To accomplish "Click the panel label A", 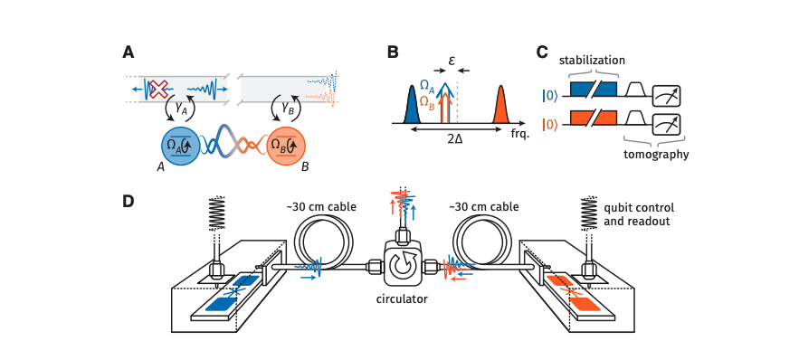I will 129,52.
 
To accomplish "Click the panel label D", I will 129,201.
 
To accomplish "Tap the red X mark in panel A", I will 158,90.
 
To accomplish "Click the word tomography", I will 655,155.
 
